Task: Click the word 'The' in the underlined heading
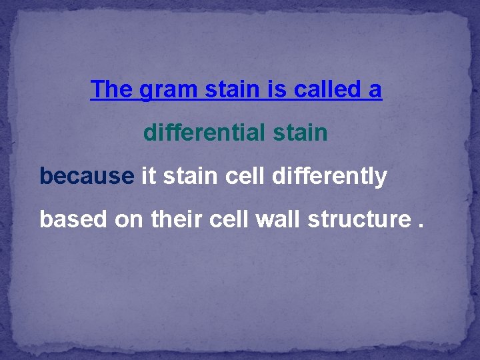click(x=112, y=89)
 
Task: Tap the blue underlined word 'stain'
click(x=225, y=89)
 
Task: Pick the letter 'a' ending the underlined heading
click(x=375, y=91)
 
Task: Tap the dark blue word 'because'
click(x=87, y=176)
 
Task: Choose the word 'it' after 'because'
click(x=149, y=176)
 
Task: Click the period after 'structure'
click(x=419, y=225)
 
